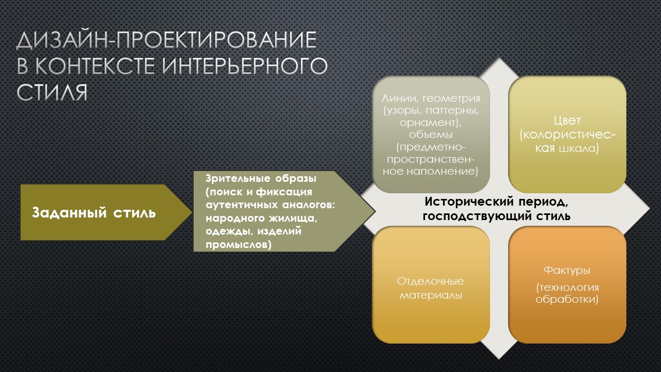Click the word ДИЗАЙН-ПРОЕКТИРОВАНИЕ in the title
[x=166, y=40]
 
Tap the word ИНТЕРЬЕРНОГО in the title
[x=245, y=66]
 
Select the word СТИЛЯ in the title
[x=52, y=92]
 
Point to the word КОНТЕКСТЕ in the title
[x=95, y=66]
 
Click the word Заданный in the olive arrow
[x=69, y=212]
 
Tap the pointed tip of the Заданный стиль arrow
[x=192, y=212]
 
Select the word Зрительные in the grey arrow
[x=238, y=178]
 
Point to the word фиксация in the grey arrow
[x=284, y=192]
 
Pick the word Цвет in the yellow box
[x=567, y=120]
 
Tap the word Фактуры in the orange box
[x=567, y=270]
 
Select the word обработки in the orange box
[x=565, y=299]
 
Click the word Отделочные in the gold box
[x=430, y=281]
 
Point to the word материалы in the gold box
[x=431, y=295]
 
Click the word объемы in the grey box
[x=431, y=135]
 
